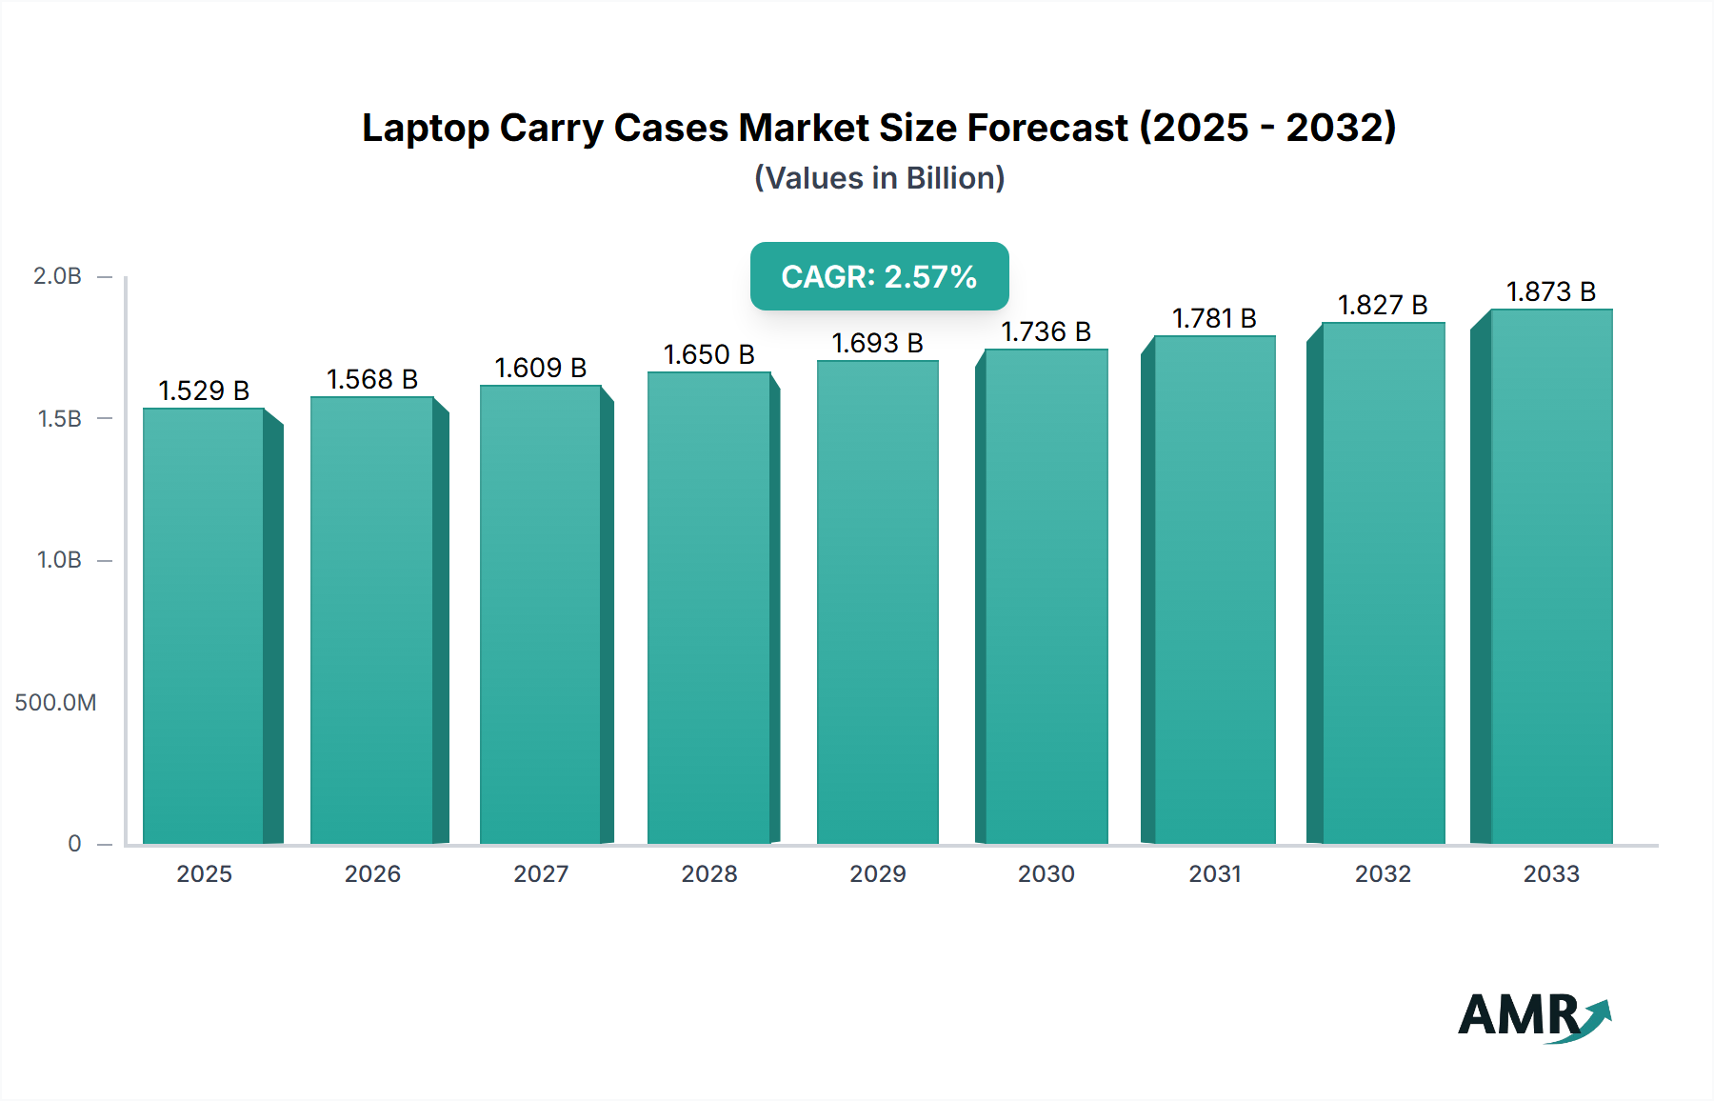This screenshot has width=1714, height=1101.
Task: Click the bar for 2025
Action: click(204, 626)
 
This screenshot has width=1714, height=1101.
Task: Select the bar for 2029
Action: click(877, 602)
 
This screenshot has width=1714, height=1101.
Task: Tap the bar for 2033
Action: click(1551, 576)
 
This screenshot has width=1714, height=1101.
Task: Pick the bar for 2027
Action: click(540, 614)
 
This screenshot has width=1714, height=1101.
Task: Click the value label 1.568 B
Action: click(372, 379)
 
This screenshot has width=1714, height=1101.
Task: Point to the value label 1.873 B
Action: click(1550, 291)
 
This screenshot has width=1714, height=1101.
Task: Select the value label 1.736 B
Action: click(1046, 331)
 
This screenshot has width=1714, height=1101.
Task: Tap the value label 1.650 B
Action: click(708, 354)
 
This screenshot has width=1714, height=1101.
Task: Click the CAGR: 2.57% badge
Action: click(879, 276)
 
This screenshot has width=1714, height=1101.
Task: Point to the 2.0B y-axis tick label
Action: click(57, 276)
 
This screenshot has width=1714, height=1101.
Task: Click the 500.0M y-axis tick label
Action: click(55, 703)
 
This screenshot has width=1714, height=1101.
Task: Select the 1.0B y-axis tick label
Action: click(59, 560)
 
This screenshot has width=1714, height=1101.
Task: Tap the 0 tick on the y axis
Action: click(74, 844)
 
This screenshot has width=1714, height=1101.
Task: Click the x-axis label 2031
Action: click(1214, 874)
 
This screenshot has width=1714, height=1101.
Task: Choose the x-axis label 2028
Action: click(708, 874)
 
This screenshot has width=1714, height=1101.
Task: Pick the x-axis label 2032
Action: click(1383, 874)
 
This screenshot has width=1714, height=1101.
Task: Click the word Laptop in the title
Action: click(425, 129)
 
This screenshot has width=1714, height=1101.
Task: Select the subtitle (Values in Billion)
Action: click(879, 178)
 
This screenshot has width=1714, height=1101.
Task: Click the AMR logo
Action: click(1533, 1016)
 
